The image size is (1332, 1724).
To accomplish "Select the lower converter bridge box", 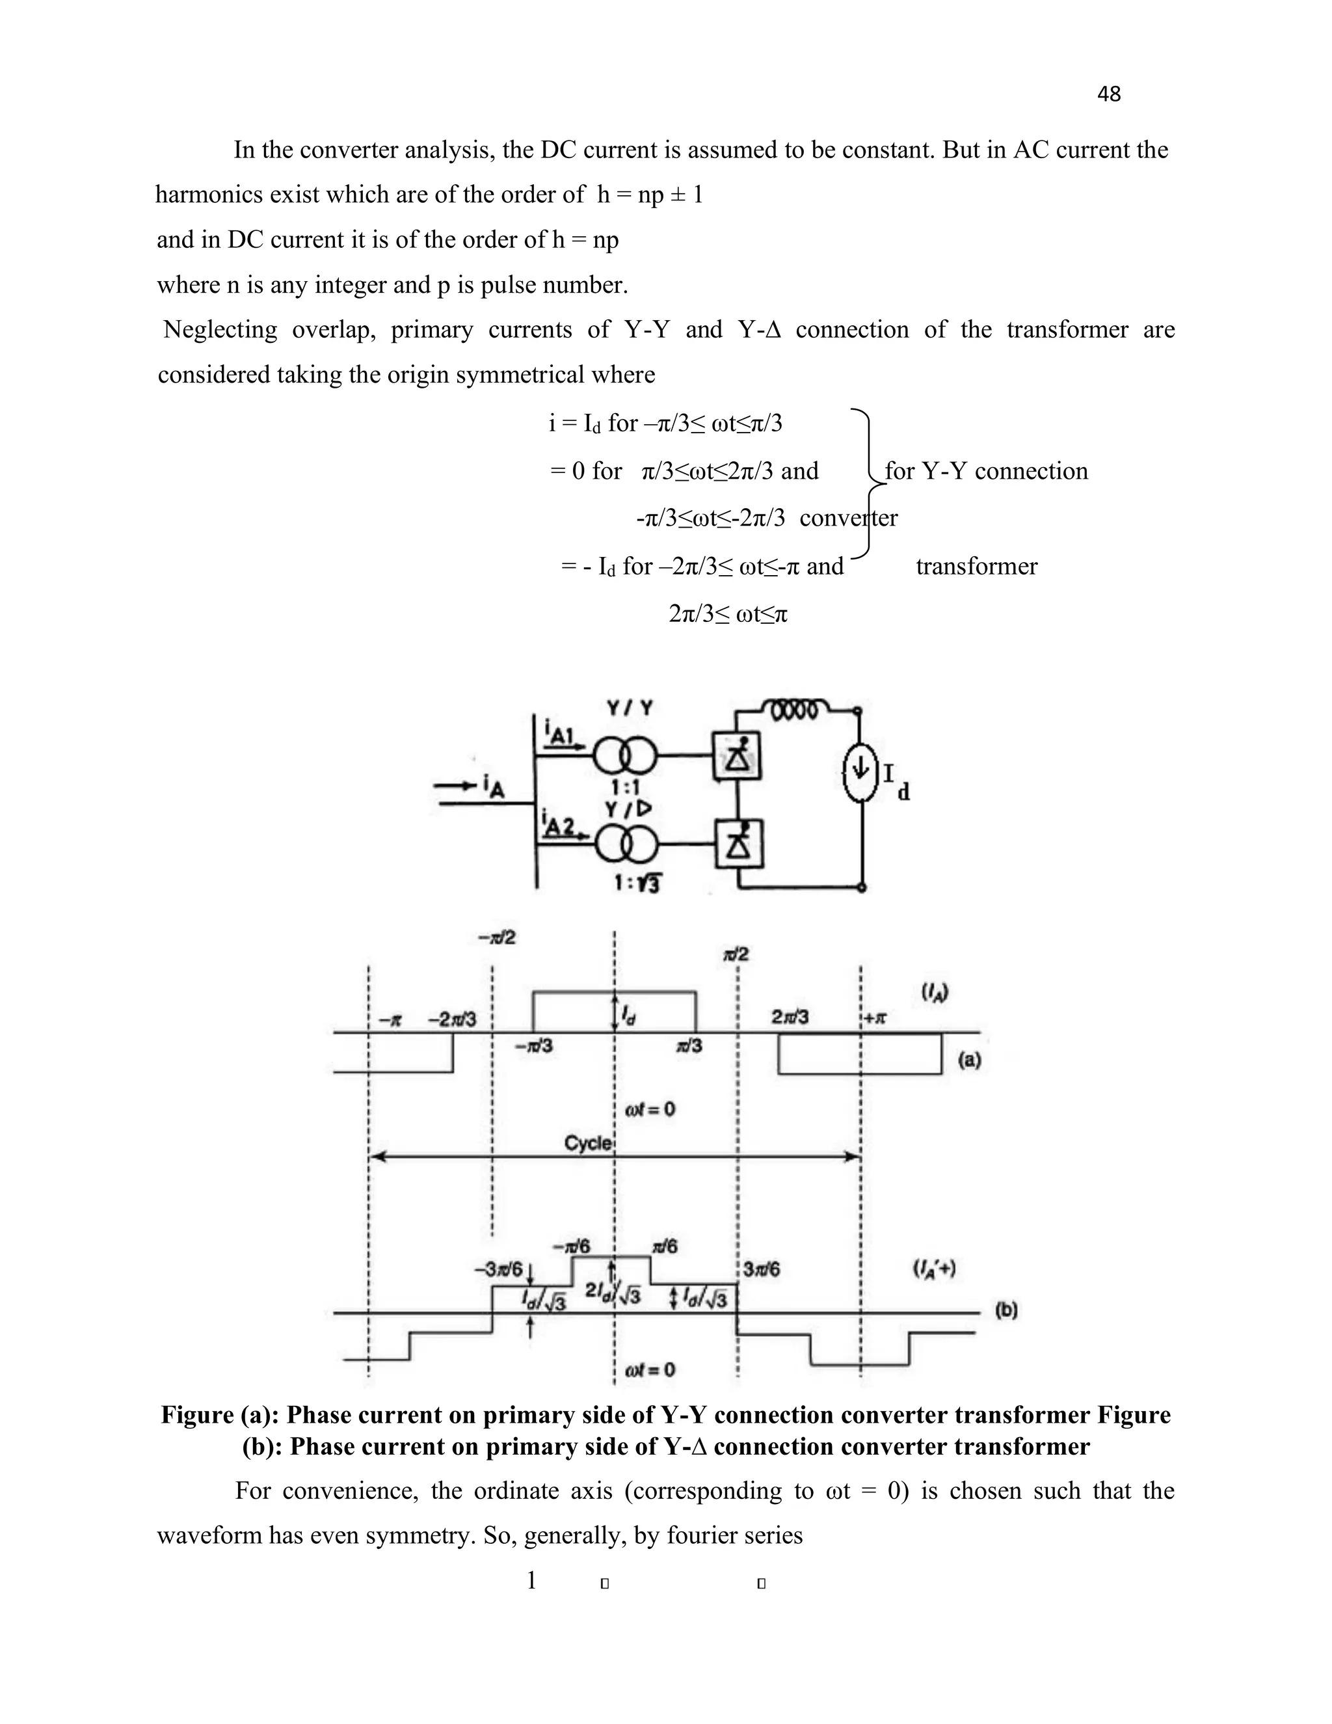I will point(738,843).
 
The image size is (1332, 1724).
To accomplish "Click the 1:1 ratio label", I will point(625,787).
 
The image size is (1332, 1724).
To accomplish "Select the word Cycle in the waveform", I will point(588,1144).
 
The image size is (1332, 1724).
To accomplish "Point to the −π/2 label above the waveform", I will point(497,937).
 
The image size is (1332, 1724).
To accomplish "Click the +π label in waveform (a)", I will point(876,1018).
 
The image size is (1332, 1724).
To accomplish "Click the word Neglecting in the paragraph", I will point(220,329).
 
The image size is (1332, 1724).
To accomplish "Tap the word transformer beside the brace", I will point(976,566).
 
